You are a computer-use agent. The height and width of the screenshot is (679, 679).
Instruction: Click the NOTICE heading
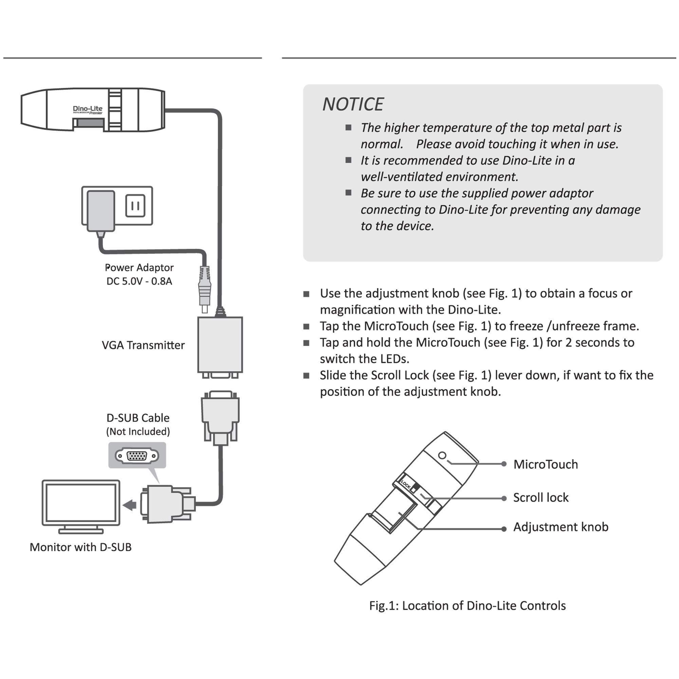(x=353, y=104)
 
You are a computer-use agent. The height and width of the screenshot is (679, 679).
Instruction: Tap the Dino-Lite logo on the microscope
(x=88, y=110)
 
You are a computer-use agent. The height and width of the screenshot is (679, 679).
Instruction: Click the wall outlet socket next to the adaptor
(x=135, y=206)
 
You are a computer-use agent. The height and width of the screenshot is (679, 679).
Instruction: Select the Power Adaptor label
(x=140, y=268)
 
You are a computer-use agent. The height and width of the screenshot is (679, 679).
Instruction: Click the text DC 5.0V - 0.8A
(x=140, y=281)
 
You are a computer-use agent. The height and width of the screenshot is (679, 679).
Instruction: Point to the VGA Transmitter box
(x=220, y=345)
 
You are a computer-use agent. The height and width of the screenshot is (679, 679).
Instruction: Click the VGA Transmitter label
(x=143, y=346)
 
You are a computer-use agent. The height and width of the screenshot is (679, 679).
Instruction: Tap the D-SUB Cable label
(x=138, y=418)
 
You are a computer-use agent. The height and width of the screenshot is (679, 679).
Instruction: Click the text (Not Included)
(x=138, y=432)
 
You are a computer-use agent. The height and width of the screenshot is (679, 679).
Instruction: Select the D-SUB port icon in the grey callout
(x=137, y=456)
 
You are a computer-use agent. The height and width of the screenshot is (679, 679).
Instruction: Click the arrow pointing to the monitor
(x=130, y=506)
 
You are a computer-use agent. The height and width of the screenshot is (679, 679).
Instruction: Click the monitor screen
(x=81, y=502)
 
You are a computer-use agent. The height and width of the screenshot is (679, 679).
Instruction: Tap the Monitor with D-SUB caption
(x=80, y=547)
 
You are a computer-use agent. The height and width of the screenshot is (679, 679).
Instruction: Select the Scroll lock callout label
(x=540, y=498)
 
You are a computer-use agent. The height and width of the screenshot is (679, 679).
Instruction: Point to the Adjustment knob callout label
(x=561, y=527)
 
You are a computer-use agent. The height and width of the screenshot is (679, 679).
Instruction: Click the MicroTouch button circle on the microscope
(x=442, y=456)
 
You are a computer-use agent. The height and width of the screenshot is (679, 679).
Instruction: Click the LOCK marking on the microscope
(x=406, y=485)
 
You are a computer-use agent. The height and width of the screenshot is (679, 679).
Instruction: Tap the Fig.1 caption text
(x=467, y=606)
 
